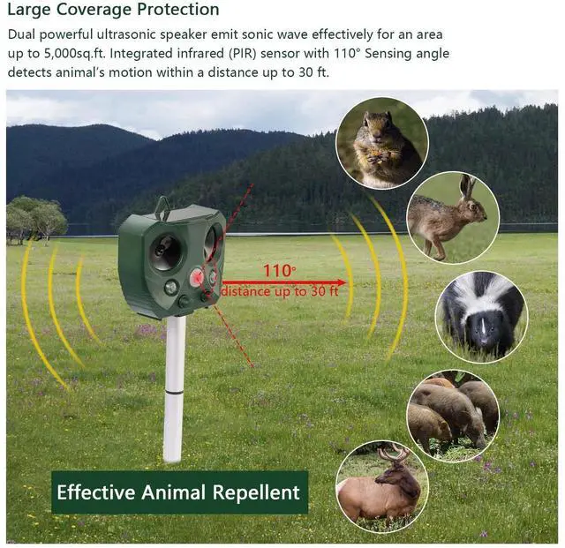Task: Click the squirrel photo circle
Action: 382,142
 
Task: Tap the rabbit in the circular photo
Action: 451,217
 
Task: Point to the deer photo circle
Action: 382,486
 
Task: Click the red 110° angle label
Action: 281,271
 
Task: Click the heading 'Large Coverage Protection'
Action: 113,11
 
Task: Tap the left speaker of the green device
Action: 163,251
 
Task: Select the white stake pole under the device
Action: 174,388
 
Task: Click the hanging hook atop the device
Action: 162,207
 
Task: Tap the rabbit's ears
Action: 468,186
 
